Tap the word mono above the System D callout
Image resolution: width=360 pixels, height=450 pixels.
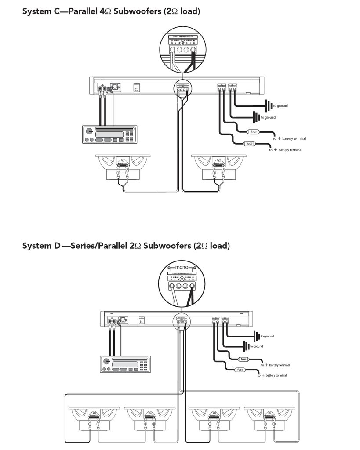[x=181, y=267]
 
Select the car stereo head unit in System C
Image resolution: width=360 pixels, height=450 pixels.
[x=109, y=134]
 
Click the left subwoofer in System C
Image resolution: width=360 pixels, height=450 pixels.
[x=123, y=167]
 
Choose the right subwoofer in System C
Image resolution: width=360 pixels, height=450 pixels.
[x=219, y=167]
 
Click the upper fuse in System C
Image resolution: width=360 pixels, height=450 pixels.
[x=253, y=132]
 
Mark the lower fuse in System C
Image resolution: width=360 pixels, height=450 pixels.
[x=249, y=143]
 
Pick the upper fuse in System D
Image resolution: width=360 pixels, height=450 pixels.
[x=243, y=359]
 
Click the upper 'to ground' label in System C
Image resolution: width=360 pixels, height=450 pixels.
[x=280, y=106]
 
